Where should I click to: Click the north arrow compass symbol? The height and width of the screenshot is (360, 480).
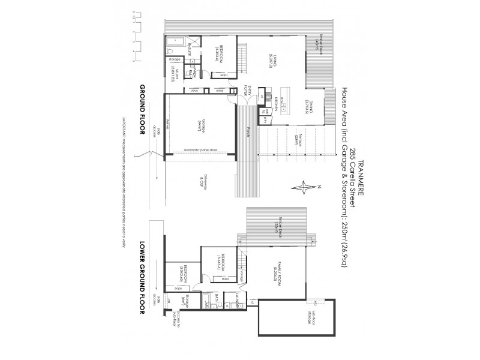pyautogui.click(x=305, y=187)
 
